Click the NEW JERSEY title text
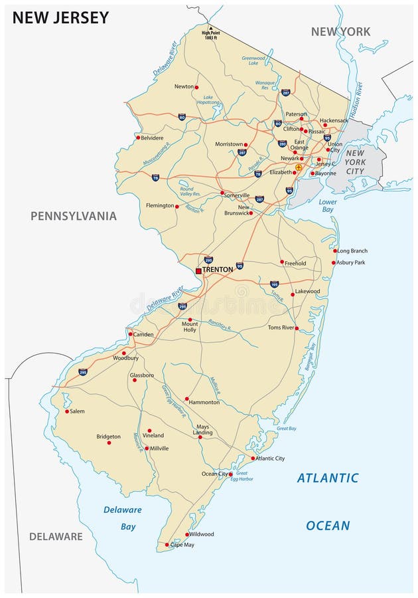point(60,18)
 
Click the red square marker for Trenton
point(198,270)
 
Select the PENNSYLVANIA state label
point(73,216)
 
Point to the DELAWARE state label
point(56,536)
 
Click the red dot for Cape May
point(167,545)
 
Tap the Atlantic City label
point(270,458)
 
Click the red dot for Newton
point(197,86)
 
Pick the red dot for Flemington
point(176,206)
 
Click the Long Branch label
point(352,251)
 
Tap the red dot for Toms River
point(297,328)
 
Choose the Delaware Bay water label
point(122,518)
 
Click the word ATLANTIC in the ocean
point(327,478)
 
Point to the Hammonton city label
point(204,402)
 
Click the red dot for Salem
point(67,411)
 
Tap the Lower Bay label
point(328,205)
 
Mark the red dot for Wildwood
point(187,534)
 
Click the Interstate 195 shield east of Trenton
point(274,284)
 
